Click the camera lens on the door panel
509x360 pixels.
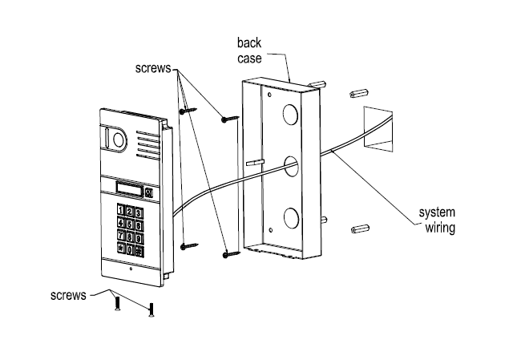[x=118, y=140]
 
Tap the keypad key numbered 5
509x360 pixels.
[x=130, y=224]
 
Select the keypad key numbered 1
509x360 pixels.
[x=120, y=210]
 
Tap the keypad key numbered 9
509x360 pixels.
[x=139, y=239]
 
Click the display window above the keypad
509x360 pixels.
[x=129, y=188]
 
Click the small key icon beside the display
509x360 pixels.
[x=149, y=192]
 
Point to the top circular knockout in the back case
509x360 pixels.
[x=290, y=115]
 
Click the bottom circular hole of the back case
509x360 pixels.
[x=291, y=218]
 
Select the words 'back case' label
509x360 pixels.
[x=249, y=51]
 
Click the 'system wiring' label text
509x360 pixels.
[x=438, y=220]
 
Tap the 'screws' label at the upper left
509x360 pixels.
[x=153, y=68]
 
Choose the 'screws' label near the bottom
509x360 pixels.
[x=68, y=295]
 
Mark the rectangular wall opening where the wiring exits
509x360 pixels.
[x=378, y=129]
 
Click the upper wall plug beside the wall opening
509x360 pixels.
[x=358, y=93]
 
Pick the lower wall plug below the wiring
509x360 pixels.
[x=360, y=229]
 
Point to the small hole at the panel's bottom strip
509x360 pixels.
[x=131, y=269]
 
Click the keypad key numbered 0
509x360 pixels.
[x=130, y=249]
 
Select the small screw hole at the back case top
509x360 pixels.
[x=269, y=95]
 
